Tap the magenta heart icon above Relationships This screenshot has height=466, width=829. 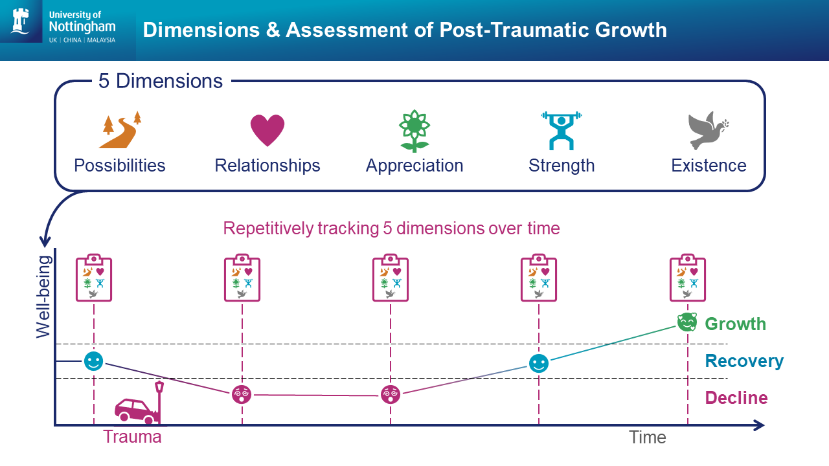click(x=267, y=130)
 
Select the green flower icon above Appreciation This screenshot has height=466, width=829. click(x=414, y=131)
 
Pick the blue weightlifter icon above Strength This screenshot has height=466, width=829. click(x=562, y=131)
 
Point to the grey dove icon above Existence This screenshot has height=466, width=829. click(x=708, y=130)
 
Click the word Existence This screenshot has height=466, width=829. click(x=709, y=165)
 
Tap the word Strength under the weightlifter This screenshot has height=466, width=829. click(x=562, y=166)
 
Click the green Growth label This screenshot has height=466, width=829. click(x=735, y=324)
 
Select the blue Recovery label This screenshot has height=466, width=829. click(x=744, y=361)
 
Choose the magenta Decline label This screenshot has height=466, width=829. click(x=736, y=398)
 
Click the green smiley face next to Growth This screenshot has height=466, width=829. click(x=687, y=322)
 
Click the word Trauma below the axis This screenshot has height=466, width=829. click(x=132, y=437)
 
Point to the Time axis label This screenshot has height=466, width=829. click(x=648, y=438)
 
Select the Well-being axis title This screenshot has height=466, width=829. click(x=43, y=297)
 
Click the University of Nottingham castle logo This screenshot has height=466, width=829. click(x=21, y=21)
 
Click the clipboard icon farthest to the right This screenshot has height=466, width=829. click(x=688, y=278)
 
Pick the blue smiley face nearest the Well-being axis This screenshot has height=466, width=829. click(x=93, y=361)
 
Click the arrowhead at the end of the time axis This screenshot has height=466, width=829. click(x=760, y=425)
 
